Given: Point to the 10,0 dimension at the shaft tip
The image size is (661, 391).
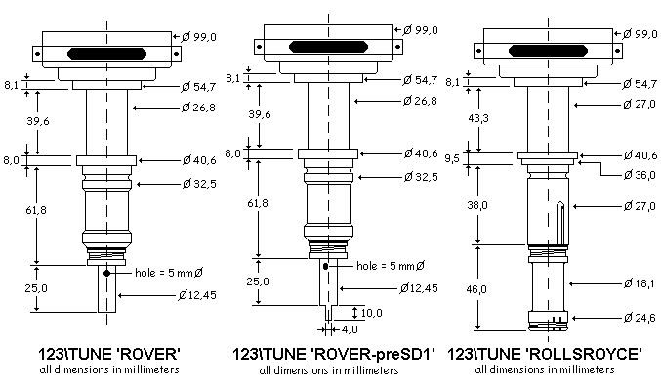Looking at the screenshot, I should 373,313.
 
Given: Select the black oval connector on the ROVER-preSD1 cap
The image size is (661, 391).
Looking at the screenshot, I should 327,44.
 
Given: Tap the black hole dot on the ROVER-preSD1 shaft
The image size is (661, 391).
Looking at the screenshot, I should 324,266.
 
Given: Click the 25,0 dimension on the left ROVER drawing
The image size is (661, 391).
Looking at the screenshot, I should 37,289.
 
